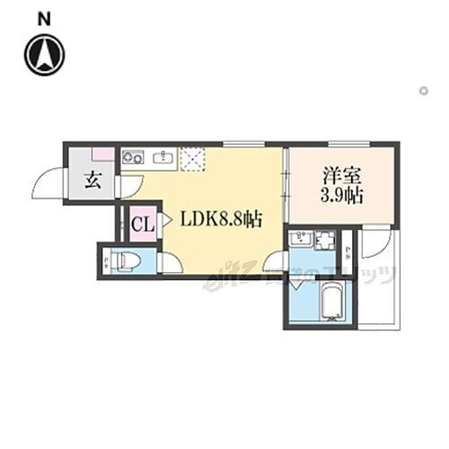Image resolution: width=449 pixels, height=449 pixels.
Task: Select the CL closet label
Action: (x=142, y=224)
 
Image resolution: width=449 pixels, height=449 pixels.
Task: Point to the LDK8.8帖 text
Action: (x=221, y=218)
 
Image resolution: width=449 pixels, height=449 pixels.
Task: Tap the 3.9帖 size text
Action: (x=341, y=195)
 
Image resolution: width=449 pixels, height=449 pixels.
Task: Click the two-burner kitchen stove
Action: (x=132, y=158)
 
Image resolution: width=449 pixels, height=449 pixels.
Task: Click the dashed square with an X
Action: (x=193, y=159)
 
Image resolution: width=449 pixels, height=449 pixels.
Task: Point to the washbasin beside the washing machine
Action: (x=301, y=240)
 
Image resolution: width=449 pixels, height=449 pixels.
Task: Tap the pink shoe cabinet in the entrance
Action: (x=102, y=154)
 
